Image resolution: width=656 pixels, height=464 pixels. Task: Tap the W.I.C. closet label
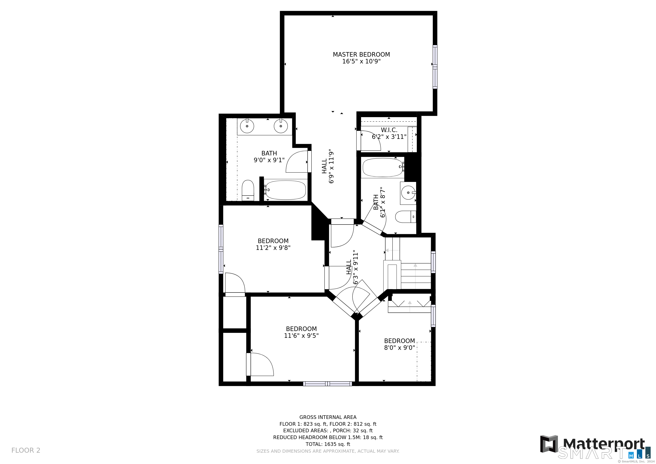pyautogui.click(x=389, y=130)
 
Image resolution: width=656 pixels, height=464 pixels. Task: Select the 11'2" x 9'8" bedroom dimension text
pyautogui.click(x=273, y=248)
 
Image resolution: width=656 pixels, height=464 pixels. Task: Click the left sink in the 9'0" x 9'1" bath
pyautogui.click(x=247, y=126)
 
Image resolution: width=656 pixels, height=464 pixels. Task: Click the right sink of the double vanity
pyautogui.click(x=281, y=126)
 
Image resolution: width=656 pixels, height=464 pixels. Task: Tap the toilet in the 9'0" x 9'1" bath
pyautogui.click(x=248, y=190)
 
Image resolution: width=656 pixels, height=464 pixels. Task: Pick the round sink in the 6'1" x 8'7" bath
pyautogui.click(x=408, y=193)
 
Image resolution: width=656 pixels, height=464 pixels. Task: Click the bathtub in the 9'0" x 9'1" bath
pyautogui.click(x=285, y=190)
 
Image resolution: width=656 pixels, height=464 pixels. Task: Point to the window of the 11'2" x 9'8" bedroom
pyautogui.click(x=221, y=249)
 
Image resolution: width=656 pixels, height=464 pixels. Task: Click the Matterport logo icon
pyautogui.click(x=549, y=444)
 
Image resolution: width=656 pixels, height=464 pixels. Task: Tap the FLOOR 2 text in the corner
pyautogui.click(x=26, y=450)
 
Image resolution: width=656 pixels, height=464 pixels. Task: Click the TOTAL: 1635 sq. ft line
pyautogui.click(x=328, y=444)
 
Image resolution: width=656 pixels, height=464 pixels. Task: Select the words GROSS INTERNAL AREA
pyautogui.click(x=328, y=417)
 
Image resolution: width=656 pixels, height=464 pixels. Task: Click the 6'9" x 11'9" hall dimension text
pyautogui.click(x=331, y=166)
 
